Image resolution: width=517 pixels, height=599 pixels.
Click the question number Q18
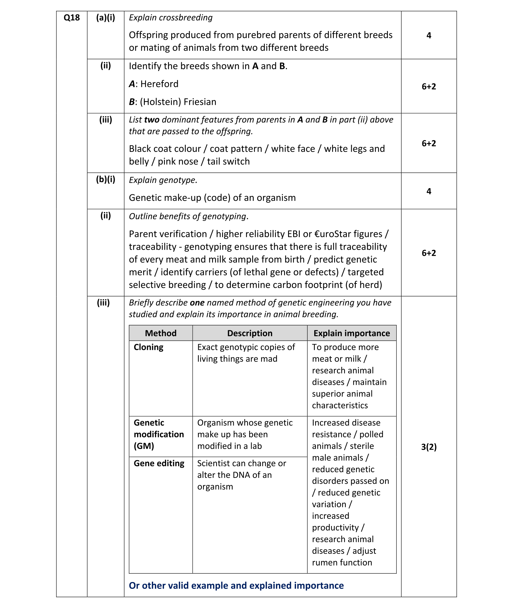[x=71, y=18]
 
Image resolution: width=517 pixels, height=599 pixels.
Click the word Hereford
[x=159, y=84]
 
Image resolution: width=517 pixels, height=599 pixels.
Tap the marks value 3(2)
[x=429, y=447]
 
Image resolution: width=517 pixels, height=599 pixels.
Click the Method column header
[x=161, y=333]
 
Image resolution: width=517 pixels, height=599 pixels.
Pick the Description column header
[x=249, y=333]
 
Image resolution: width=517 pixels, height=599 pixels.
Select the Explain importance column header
[x=351, y=333]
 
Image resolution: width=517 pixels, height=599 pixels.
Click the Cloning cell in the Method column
[x=148, y=347]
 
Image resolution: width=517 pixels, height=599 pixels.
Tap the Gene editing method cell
[x=159, y=464]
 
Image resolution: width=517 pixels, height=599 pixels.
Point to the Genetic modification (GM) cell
[x=159, y=434]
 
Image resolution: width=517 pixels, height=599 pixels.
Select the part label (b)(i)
[x=106, y=180]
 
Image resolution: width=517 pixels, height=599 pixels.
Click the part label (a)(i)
[x=106, y=18]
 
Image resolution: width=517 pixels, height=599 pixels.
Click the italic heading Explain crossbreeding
[x=171, y=18]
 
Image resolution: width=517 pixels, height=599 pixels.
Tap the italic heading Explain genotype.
[x=163, y=180]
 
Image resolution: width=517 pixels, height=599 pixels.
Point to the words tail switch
[x=228, y=162]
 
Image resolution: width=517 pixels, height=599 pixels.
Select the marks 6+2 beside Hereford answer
[x=429, y=86]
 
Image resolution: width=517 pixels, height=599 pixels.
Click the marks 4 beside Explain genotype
[x=429, y=191]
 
